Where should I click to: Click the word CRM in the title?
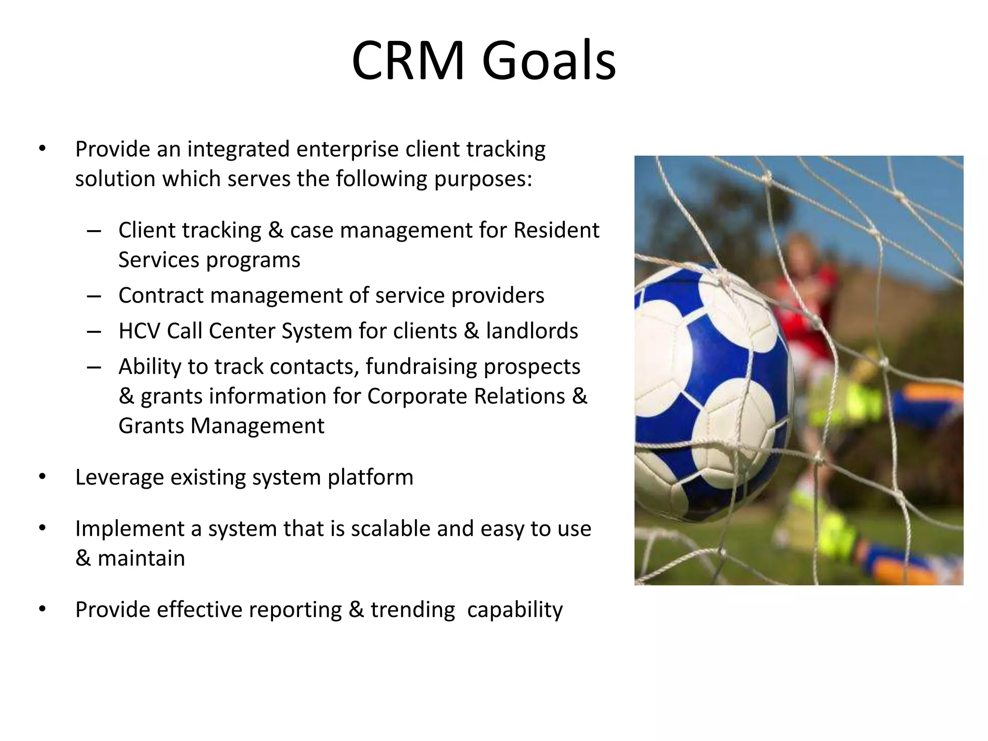(x=408, y=61)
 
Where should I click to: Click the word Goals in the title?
(x=549, y=61)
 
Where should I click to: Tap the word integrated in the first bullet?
(x=238, y=149)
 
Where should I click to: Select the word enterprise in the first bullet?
(x=347, y=149)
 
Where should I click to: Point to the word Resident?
(x=556, y=230)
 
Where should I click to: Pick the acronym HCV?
(x=139, y=331)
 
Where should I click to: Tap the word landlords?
(x=532, y=331)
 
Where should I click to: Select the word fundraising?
(x=421, y=366)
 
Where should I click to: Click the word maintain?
(x=141, y=558)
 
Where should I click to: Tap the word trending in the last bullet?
(x=412, y=610)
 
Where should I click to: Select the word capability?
(x=514, y=610)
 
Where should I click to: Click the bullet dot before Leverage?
(x=42, y=477)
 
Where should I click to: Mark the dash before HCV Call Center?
(x=94, y=331)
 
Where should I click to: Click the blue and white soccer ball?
(x=709, y=391)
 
